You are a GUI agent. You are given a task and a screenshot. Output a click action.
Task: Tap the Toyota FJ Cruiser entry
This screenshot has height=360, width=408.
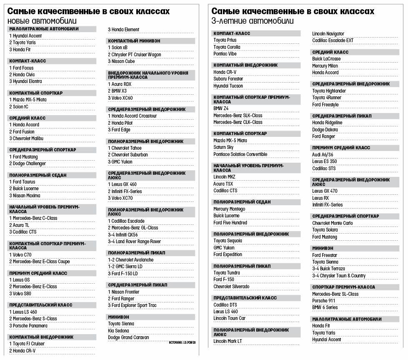(x=27, y=344)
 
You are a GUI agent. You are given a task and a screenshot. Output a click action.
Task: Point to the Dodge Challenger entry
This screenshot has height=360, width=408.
(x=28, y=164)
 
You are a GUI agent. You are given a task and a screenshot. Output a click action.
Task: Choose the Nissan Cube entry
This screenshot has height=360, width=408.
(x=122, y=61)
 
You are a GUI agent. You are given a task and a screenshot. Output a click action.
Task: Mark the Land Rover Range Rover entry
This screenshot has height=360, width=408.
(x=134, y=242)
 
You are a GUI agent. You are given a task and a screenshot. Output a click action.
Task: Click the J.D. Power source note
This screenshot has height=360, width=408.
(x=183, y=342)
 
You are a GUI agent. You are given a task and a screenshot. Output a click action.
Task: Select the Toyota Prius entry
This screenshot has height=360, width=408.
(x=225, y=40)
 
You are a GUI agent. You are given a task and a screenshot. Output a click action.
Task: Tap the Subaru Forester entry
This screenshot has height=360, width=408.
(x=228, y=79)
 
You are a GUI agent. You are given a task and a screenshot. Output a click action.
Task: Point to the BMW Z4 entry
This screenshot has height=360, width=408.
(x=221, y=108)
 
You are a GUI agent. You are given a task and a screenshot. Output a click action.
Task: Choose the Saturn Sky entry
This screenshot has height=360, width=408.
(x=223, y=147)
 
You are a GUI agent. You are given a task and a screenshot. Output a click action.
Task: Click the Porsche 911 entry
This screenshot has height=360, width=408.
(x=324, y=301)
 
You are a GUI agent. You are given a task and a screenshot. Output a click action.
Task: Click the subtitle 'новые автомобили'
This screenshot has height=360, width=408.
(x=42, y=20)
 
